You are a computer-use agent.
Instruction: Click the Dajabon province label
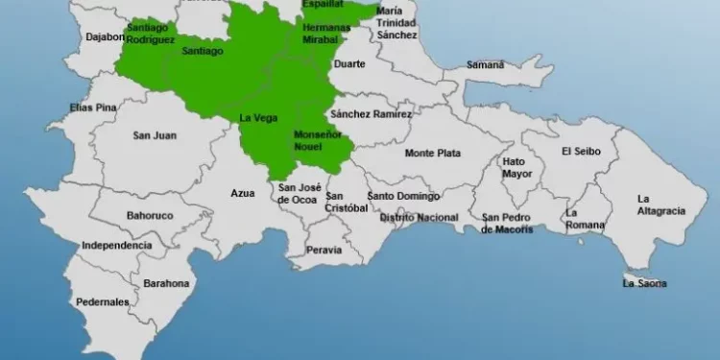coord(106,37)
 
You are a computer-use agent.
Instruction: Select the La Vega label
coord(257,118)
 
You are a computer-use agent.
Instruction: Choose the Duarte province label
coord(348,64)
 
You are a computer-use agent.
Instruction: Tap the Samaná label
coord(485,64)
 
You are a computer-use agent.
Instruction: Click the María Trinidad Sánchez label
coord(396,22)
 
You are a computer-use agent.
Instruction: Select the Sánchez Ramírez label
coord(371,114)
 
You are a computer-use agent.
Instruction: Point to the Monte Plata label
coord(432,153)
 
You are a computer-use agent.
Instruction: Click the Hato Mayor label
coord(515,168)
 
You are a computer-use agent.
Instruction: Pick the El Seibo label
coord(580,151)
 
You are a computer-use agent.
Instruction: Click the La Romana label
coord(585,219)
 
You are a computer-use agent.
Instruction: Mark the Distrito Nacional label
coord(419,218)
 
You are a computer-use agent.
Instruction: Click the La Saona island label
coord(644,283)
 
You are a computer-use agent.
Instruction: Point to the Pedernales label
coord(103,302)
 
